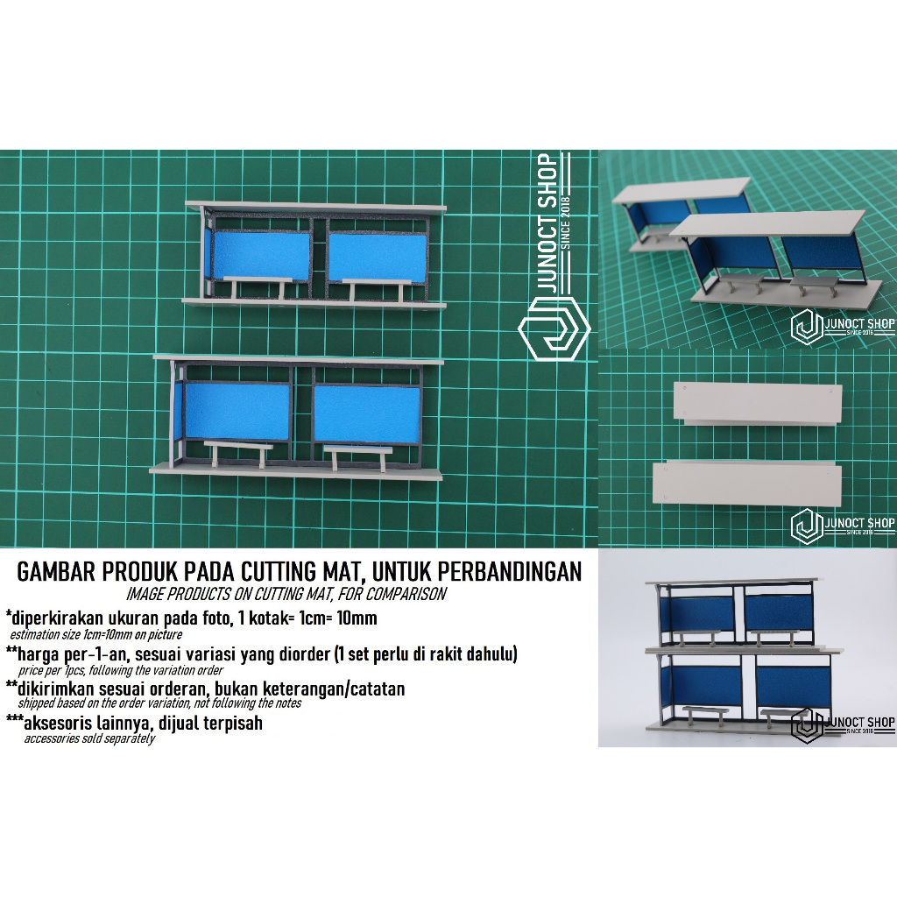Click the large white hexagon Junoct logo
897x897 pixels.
click(554, 328)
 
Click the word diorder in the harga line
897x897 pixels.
click(301, 653)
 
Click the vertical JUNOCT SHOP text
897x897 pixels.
click(548, 224)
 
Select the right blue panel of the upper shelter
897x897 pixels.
click(378, 258)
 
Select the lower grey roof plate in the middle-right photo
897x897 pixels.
click(747, 484)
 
